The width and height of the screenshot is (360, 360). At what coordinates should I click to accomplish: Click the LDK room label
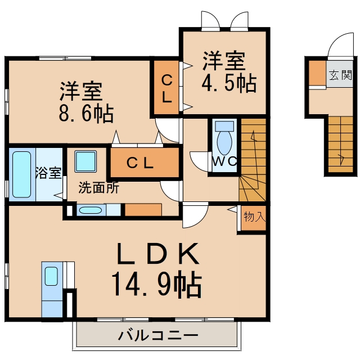tap(158, 254)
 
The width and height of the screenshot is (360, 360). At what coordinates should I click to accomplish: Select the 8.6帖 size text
tap(86, 114)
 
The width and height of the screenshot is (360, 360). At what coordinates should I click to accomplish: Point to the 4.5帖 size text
tap(229, 83)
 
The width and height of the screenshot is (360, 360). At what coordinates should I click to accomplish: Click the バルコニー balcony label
tap(158, 336)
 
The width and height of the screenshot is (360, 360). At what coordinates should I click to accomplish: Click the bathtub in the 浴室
tap(22, 174)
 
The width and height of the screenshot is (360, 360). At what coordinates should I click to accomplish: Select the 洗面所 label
tap(99, 187)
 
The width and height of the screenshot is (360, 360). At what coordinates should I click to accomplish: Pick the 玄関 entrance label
tap(340, 75)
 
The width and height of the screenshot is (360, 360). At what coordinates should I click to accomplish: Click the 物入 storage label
tap(255, 217)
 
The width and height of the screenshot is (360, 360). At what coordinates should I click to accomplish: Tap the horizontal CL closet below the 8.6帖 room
tap(145, 163)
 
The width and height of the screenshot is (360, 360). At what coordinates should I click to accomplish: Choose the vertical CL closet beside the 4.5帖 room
tap(166, 87)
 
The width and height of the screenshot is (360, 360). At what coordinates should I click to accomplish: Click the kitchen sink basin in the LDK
tap(51, 276)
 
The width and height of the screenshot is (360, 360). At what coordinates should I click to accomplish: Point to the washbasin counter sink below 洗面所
tap(91, 210)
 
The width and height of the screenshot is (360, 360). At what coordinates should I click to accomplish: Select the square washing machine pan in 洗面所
tap(85, 161)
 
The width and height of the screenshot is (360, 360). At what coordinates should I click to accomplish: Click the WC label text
tap(224, 161)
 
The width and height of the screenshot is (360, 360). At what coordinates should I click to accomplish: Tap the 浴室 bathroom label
tap(48, 173)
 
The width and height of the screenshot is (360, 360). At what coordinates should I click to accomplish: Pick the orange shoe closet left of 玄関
tap(317, 73)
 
